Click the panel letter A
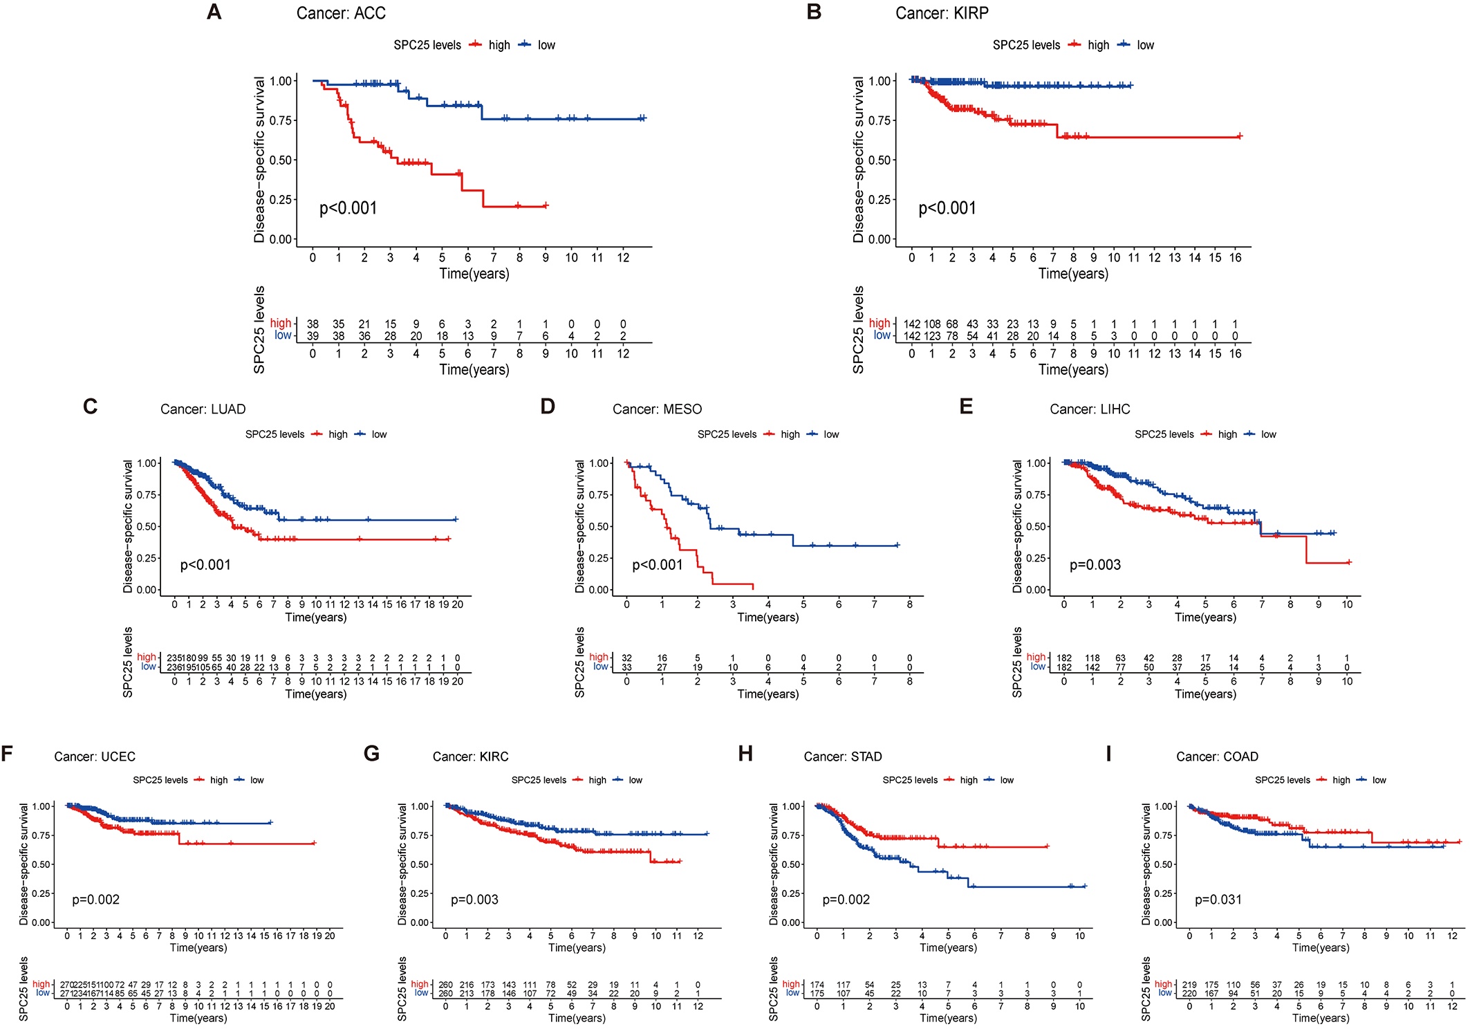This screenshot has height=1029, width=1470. click(x=214, y=12)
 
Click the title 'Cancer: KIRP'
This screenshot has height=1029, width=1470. click(x=942, y=13)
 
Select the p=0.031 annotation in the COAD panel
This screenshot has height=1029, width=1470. click(x=1218, y=900)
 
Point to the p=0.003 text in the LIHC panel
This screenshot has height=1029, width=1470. click(x=1095, y=565)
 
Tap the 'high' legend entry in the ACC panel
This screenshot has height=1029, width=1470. click(x=499, y=45)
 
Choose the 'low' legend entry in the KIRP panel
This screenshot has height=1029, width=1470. click(x=1145, y=45)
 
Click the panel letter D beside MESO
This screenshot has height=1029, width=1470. click(x=548, y=406)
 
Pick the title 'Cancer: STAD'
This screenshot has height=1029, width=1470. click(x=843, y=757)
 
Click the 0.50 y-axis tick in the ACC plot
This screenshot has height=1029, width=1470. click(x=281, y=160)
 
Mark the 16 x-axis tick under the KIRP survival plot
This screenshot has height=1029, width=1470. click(x=1236, y=258)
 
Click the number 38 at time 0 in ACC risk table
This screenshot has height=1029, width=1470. click(x=313, y=324)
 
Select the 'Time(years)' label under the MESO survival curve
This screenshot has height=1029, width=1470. click(x=767, y=617)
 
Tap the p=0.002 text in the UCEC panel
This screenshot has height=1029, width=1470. click(x=96, y=900)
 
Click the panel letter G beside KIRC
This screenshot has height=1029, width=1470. click(x=371, y=753)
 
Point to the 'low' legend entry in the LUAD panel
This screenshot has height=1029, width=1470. click(x=379, y=434)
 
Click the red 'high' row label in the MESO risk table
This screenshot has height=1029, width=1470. click(x=599, y=657)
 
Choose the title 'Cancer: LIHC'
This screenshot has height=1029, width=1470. click(x=1090, y=409)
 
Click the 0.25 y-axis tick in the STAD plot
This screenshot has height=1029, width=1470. click(x=791, y=893)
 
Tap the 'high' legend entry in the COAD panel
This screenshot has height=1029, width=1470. click(x=1341, y=780)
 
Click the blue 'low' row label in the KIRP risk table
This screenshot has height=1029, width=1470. click(x=882, y=335)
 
